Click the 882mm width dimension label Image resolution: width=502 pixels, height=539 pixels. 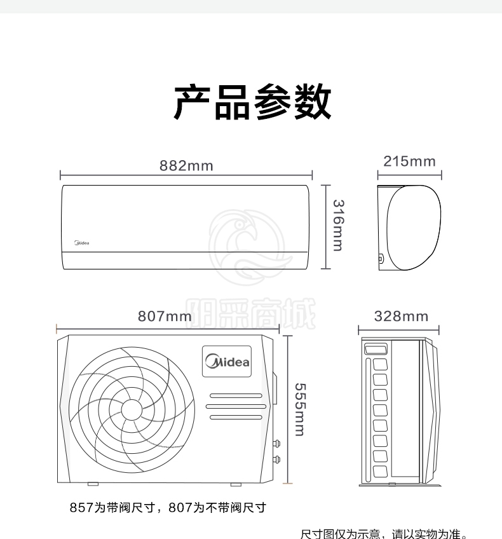(x=186, y=166)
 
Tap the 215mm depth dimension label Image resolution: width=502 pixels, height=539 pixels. (x=409, y=161)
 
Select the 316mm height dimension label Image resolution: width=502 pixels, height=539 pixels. (x=338, y=226)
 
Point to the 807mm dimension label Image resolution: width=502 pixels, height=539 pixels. (x=165, y=317)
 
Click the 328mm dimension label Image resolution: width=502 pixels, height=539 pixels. (x=401, y=317)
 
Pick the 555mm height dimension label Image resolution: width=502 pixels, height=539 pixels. (x=300, y=409)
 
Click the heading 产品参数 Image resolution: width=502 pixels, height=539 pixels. (x=252, y=102)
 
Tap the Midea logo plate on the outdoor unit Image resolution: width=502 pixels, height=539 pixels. (x=227, y=361)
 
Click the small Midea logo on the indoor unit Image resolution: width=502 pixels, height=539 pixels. (x=82, y=243)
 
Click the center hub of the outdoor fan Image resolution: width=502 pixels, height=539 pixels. (x=132, y=410)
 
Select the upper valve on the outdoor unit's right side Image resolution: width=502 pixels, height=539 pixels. (x=276, y=444)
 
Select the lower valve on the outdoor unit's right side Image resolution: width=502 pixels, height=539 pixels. (x=276, y=459)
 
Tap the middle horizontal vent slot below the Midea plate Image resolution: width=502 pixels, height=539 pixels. (x=236, y=406)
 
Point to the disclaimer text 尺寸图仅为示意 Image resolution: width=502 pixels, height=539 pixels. (x=340, y=534)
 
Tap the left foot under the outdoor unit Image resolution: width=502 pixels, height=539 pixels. (x=93, y=484)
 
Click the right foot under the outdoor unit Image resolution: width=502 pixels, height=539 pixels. (x=236, y=484)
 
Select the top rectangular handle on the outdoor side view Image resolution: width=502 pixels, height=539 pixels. (x=376, y=349)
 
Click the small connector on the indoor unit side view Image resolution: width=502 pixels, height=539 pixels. (x=381, y=259)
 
